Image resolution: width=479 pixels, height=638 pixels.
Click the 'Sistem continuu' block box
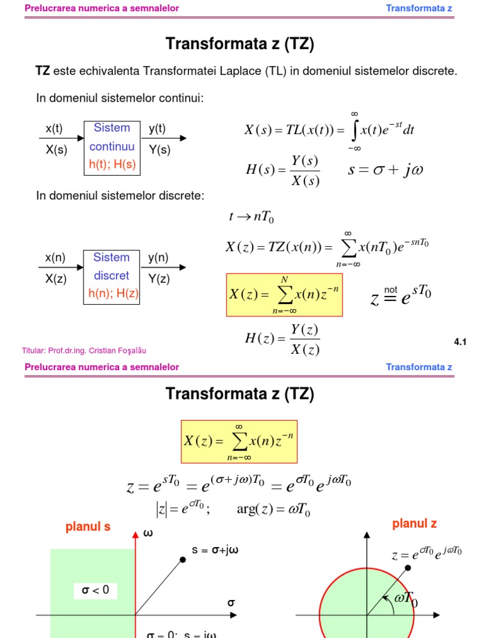(x=112, y=147)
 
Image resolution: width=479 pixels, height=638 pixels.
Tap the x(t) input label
(x=54, y=129)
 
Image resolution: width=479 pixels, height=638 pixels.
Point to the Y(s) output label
(x=160, y=150)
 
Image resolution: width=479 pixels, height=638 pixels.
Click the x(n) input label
(x=55, y=258)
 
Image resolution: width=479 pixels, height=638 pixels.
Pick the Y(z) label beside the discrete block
(x=159, y=279)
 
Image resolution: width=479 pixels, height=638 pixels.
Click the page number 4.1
(x=460, y=341)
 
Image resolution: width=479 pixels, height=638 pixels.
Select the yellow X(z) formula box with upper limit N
(x=284, y=294)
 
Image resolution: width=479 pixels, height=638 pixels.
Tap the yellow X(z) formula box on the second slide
(x=239, y=441)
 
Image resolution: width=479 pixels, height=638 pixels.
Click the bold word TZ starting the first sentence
(x=42, y=71)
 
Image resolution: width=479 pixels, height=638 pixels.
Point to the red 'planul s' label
(x=88, y=527)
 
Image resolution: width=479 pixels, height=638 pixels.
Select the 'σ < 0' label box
(x=95, y=590)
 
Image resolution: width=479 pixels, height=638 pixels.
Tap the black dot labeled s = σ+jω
(x=183, y=559)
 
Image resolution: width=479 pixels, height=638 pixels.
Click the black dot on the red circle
(x=408, y=568)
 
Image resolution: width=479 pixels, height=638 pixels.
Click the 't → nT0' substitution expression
(x=252, y=217)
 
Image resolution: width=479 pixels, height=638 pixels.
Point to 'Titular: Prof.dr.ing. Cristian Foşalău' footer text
(x=84, y=351)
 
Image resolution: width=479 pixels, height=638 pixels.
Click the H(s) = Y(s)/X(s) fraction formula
(x=283, y=171)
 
